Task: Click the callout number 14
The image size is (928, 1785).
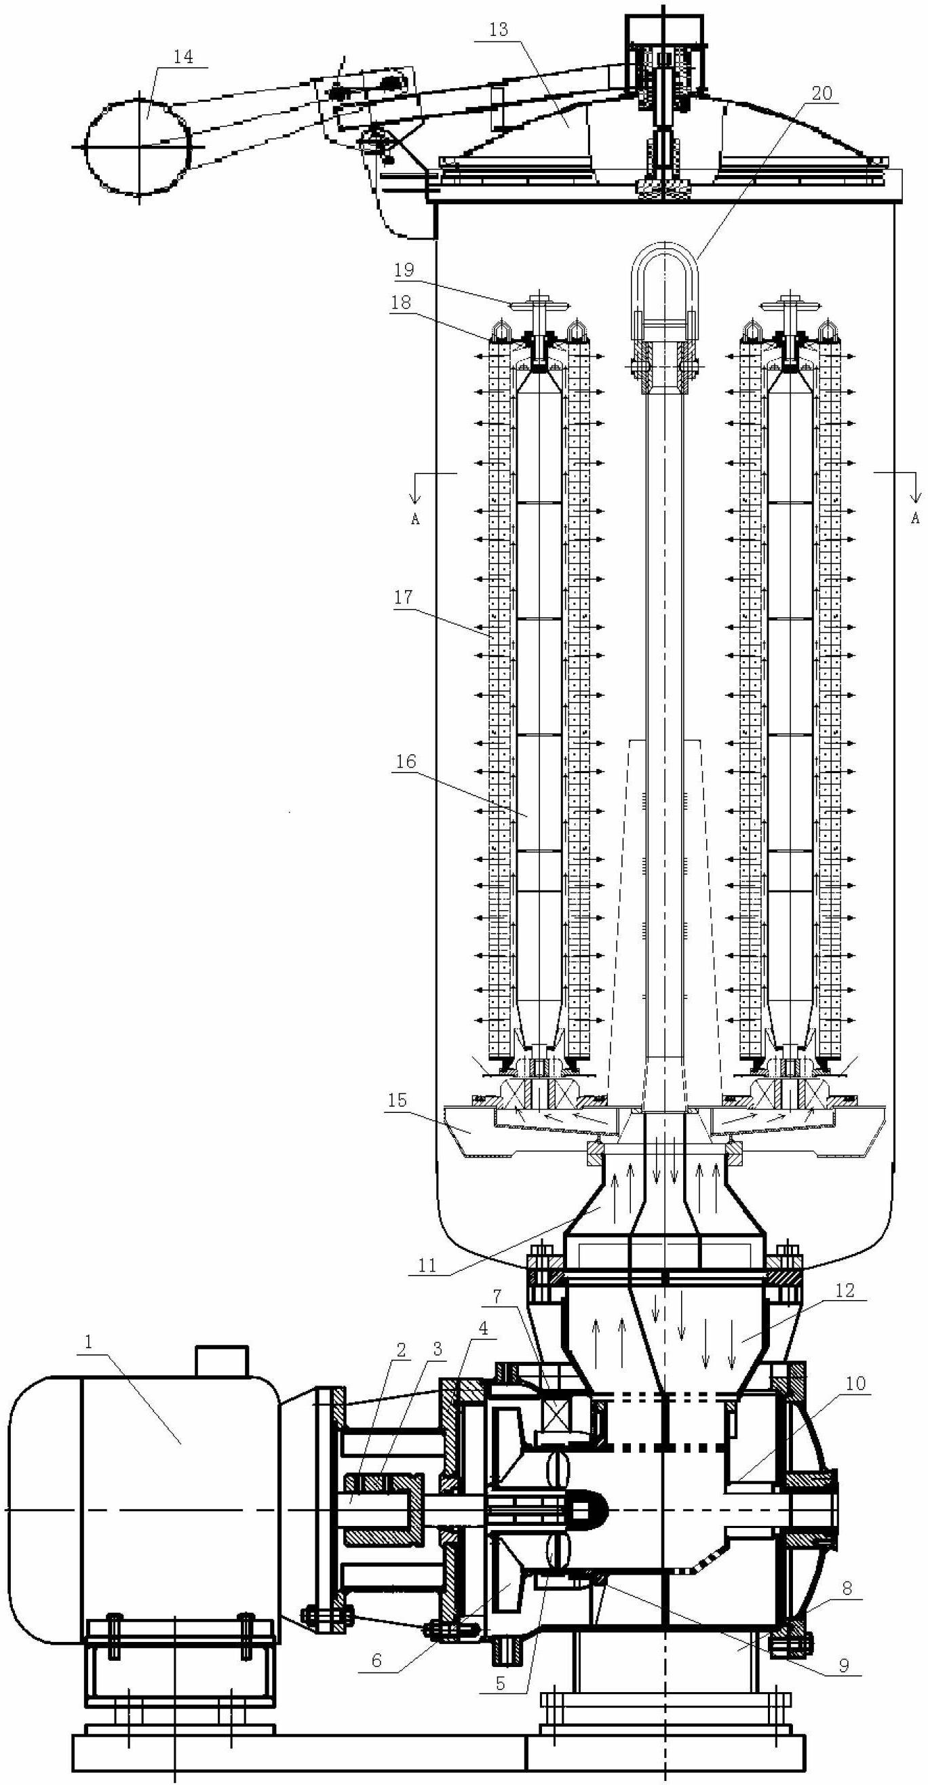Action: click(183, 57)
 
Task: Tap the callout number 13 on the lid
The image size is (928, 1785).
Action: click(499, 29)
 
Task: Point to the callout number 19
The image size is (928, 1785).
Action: click(404, 270)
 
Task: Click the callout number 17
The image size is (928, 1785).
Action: click(404, 597)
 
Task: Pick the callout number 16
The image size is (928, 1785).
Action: click(406, 762)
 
